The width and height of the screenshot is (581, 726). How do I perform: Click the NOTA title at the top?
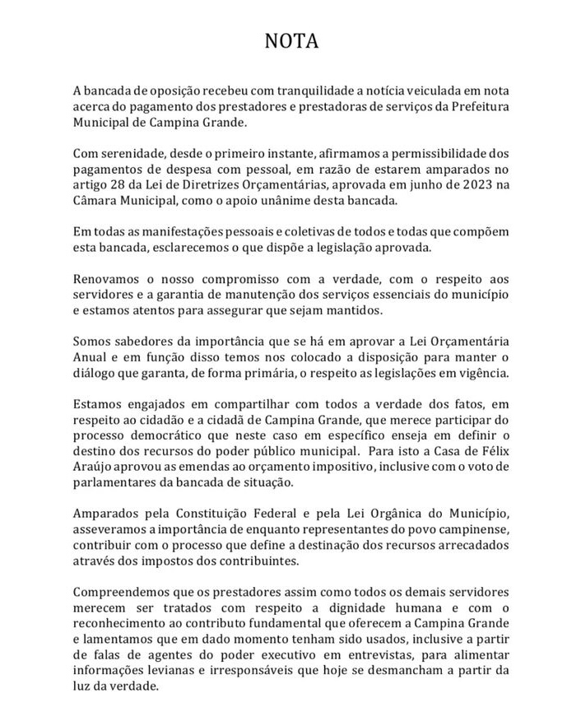coord(290,40)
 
